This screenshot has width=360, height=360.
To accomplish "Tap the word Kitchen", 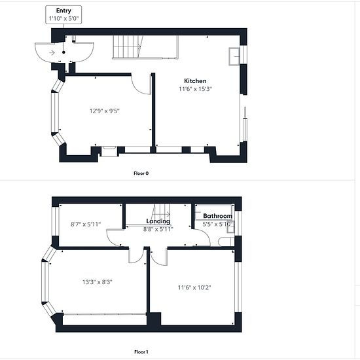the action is [x=195, y=81].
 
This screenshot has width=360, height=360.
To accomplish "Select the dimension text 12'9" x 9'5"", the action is [x=105, y=111].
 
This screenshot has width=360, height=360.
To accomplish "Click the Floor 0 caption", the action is [x=141, y=173].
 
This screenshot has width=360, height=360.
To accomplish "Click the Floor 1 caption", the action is [x=141, y=351].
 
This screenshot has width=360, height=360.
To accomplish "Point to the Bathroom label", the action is [x=218, y=216].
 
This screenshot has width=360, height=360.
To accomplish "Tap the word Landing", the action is [x=158, y=221].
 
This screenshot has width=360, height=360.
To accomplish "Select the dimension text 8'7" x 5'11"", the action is [x=86, y=224].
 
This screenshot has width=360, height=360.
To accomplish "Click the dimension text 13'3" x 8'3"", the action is [x=98, y=281].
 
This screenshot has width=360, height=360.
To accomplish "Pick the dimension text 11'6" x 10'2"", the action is [x=194, y=287].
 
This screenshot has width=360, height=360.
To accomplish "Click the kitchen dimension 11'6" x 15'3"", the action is [x=195, y=89].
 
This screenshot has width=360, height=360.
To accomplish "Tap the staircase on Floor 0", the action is [x=128, y=47].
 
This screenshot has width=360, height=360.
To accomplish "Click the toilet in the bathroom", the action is [x=226, y=242].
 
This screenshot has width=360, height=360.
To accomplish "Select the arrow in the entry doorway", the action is [x=52, y=53].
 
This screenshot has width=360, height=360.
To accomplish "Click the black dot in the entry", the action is [x=63, y=52].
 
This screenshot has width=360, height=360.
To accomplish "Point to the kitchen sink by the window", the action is [x=234, y=56].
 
